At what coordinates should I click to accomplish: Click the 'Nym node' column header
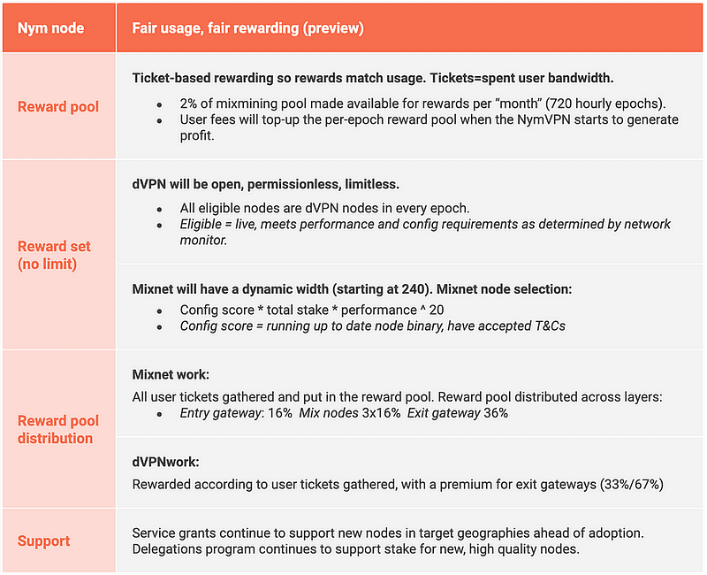[51, 28]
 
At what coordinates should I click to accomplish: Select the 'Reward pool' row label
[58, 106]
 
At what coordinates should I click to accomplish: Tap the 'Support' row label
[44, 540]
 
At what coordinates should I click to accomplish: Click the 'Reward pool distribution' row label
[58, 429]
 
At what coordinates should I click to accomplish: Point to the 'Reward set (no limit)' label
[54, 255]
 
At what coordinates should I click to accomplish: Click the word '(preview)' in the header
[333, 28]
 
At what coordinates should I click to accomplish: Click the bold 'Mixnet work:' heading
[171, 375]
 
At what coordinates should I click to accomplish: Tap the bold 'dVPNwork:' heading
[166, 462]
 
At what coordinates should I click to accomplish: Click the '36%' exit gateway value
[496, 413]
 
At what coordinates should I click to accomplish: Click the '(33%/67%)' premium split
[630, 484]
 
